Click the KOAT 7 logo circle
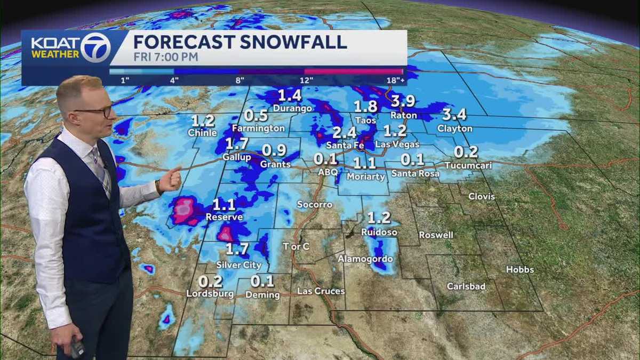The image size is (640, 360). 96,47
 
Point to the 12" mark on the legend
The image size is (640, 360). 306,80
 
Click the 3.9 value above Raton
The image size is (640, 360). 403,101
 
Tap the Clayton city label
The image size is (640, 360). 454,129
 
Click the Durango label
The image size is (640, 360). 292,108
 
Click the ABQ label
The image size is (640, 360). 328,172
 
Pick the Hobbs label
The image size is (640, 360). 519,270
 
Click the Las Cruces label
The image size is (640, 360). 321,291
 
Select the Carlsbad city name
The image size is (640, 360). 466,286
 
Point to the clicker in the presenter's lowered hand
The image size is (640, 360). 77,348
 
